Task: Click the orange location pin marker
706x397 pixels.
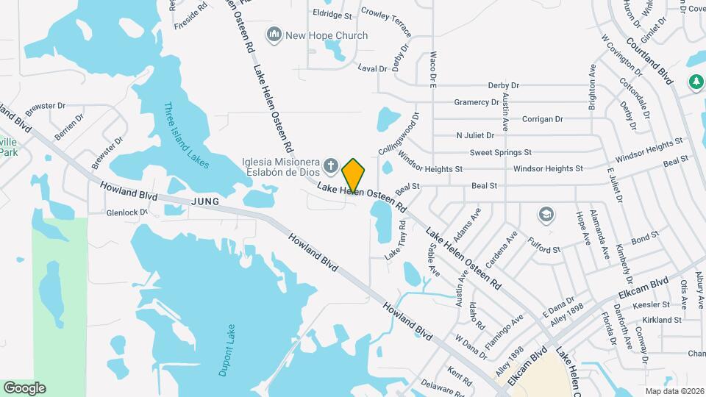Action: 354,176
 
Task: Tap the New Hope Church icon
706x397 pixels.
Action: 274,35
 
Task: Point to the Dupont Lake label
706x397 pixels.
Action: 226,350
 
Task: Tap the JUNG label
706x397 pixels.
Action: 206,200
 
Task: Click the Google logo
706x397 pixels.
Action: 24,388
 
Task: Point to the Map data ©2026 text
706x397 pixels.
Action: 674,390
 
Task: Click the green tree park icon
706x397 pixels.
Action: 696,82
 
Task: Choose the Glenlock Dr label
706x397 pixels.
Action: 127,212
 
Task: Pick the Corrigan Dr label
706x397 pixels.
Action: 542,119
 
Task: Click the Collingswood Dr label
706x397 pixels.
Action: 398,133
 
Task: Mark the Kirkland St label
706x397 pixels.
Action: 661,321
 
